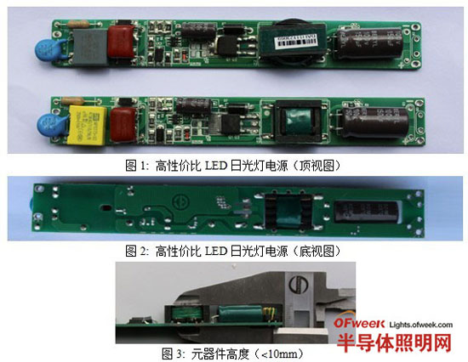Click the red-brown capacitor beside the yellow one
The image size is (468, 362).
tap(119, 117)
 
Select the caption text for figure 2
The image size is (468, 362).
tap(233, 251)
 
